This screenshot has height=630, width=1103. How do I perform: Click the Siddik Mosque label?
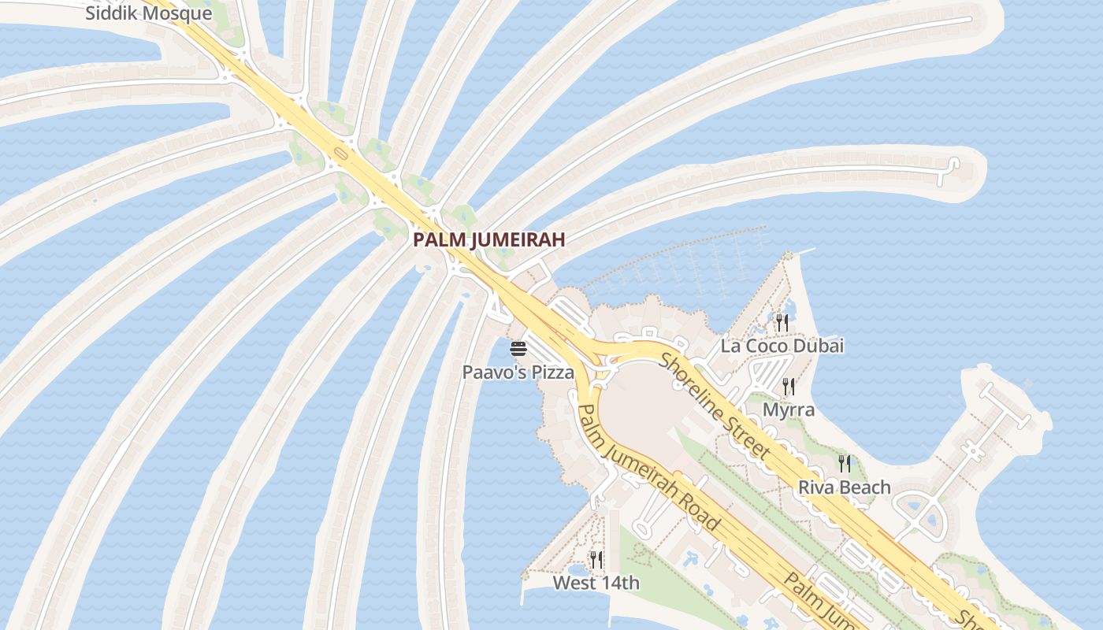click(x=148, y=13)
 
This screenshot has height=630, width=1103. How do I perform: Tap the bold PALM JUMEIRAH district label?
click(x=489, y=240)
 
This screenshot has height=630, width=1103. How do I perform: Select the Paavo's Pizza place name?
click(x=518, y=372)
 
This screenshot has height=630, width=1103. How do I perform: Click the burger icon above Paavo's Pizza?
click(x=518, y=349)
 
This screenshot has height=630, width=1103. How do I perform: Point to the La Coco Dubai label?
click(x=782, y=346)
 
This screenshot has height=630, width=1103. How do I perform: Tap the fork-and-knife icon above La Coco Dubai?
click(x=782, y=322)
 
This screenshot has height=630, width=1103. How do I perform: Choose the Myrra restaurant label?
click(x=789, y=410)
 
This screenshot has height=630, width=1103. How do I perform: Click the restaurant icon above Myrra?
click(x=788, y=386)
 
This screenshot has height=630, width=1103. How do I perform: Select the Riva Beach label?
click(x=845, y=487)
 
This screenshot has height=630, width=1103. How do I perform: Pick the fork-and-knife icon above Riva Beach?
click(x=845, y=463)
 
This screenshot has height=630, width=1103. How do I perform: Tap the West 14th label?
click(x=596, y=584)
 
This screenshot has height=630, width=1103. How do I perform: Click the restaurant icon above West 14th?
click(x=596, y=560)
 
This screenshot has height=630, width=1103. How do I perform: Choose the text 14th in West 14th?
click(x=620, y=584)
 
